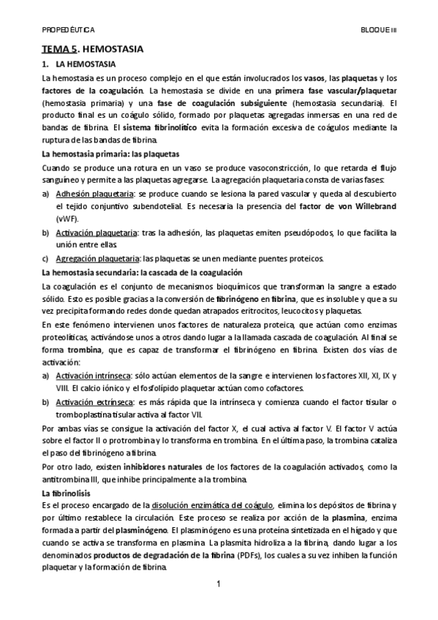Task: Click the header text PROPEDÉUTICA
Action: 68,31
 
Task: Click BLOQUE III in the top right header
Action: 378,31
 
